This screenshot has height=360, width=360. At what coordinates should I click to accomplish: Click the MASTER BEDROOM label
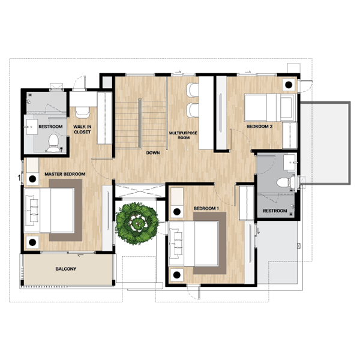click(65, 174)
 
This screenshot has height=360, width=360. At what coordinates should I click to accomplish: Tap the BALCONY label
click(66, 269)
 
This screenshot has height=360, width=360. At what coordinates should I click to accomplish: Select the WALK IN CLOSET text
click(82, 129)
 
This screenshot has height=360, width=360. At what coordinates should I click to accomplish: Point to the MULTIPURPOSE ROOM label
click(183, 135)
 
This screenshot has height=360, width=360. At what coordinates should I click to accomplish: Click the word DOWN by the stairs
click(153, 152)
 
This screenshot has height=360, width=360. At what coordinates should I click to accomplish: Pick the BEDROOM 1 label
click(206, 208)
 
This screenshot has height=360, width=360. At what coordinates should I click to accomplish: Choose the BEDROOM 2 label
click(259, 126)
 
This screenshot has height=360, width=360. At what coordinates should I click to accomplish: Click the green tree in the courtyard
click(137, 223)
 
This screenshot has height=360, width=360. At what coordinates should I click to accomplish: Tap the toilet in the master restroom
click(53, 143)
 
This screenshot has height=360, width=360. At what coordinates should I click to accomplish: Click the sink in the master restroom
click(31, 127)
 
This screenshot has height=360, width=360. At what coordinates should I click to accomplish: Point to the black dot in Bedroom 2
click(289, 85)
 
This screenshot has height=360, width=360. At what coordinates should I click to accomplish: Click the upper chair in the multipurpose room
click(193, 90)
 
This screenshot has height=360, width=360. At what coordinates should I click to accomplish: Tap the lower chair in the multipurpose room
click(193, 110)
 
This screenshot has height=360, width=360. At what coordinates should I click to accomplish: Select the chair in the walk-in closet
click(83, 112)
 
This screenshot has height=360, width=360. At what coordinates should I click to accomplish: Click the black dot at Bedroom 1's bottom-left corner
click(176, 275)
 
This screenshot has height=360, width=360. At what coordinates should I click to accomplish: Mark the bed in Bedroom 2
click(269, 107)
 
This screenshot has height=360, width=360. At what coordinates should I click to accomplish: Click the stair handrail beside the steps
click(140, 124)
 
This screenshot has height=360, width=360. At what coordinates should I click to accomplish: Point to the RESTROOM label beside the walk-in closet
click(50, 127)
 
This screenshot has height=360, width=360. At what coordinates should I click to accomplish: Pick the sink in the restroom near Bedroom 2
click(290, 163)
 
